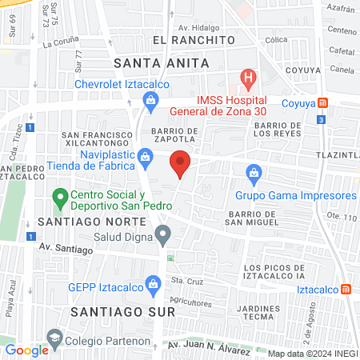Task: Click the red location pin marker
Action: [180, 165]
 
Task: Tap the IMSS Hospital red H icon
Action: [249, 80]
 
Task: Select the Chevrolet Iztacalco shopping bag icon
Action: [150, 100]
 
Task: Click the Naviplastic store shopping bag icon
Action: [144, 157]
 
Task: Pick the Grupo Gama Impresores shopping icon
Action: [254, 172]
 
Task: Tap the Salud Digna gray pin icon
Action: [163, 235]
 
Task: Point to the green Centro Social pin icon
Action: [59, 196]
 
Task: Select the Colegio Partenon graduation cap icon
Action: [54, 339]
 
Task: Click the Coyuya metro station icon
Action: [322, 103]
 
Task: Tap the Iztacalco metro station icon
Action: [346, 289]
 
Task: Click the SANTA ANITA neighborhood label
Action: [162, 62]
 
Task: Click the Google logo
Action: [26, 350]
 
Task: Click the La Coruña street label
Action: [60, 44]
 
